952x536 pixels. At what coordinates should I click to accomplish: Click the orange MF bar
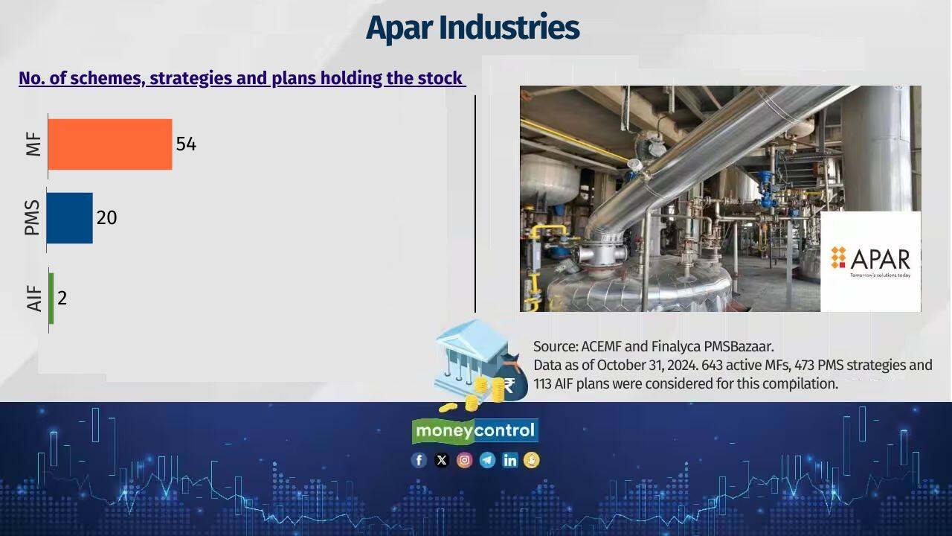(x=110, y=144)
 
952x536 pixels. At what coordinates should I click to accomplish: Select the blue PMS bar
(x=70, y=218)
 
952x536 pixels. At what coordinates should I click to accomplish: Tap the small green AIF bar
(x=51, y=298)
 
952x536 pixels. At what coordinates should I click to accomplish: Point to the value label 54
(x=186, y=144)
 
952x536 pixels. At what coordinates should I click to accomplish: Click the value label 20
(x=106, y=218)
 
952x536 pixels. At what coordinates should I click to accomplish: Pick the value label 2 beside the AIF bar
(x=62, y=299)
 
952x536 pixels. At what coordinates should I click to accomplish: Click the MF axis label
(x=33, y=144)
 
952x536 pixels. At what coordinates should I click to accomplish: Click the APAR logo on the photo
(x=870, y=260)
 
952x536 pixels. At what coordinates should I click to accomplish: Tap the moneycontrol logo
(x=475, y=431)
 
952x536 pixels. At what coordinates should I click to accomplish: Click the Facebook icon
(x=419, y=460)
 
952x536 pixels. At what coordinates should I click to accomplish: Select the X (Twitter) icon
(x=442, y=460)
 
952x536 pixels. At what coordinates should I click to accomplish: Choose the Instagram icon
(x=464, y=460)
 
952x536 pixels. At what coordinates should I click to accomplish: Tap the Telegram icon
(x=487, y=460)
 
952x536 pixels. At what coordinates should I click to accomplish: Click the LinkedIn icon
(x=509, y=460)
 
